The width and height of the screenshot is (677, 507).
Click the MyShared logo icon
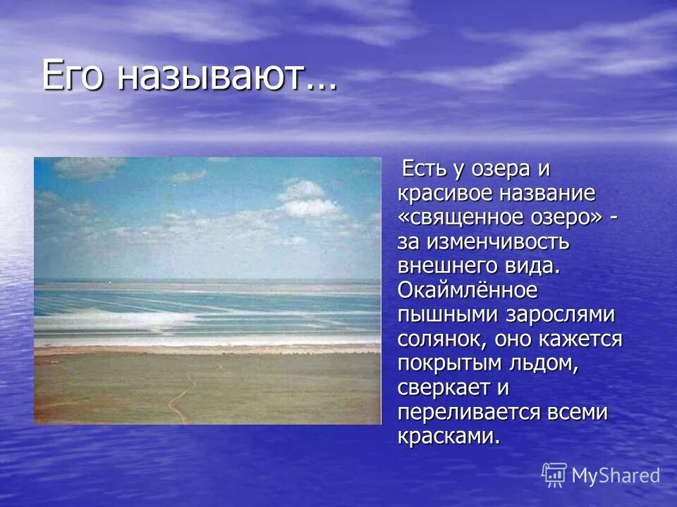554,475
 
